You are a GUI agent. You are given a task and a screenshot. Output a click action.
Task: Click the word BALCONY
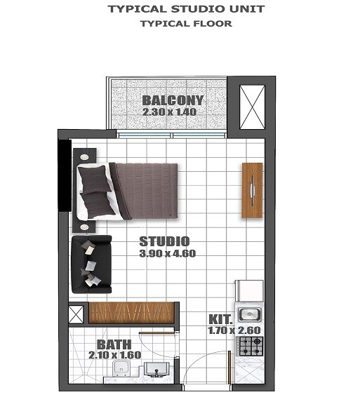point(173,100)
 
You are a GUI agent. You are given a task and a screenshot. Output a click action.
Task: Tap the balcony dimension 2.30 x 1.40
point(168,112)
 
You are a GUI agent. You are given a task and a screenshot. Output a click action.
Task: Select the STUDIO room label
point(164,241)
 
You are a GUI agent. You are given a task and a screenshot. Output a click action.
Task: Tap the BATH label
point(113,344)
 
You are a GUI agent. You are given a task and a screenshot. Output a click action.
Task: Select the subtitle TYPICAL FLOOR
point(185,23)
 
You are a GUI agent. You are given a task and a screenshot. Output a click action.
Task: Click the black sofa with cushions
point(90,264)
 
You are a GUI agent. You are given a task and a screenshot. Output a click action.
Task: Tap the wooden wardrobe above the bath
point(131,311)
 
